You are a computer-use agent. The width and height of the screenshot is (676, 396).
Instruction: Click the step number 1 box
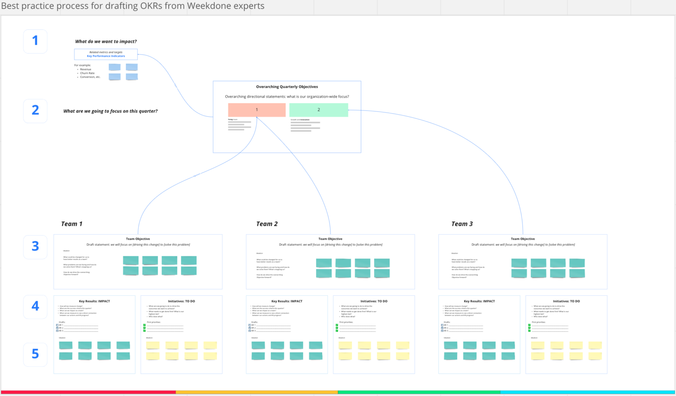pyautogui.click(x=35, y=41)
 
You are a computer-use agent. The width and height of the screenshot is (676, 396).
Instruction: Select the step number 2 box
pyautogui.click(x=35, y=111)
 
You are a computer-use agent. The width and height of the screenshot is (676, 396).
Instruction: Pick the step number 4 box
pyautogui.click(x=35, y=306)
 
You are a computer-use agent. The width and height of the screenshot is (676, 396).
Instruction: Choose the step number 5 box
pyautogui.click(x=35, y=354)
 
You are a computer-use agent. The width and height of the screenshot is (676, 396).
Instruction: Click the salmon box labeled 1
pyautogui.click(x=257, y=110)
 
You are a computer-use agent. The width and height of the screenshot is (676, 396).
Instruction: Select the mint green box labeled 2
pyautogui.click(x=319, y=110)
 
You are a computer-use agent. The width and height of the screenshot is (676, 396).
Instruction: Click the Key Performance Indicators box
pyautogui.click(x=106, y=54)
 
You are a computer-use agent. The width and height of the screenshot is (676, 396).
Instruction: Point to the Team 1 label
pyautogui.click(x=72, y=224)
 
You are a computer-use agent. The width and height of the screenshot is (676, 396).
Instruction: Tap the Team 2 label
pyautogui.click(x=267, y=224)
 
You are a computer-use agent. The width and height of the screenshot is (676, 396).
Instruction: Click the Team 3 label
pyautogui.click(x=462, y=224)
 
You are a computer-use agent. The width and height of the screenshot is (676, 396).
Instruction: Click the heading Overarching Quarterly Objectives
pyautogui.click(x=287, y=87)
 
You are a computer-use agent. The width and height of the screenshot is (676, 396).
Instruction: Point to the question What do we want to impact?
pyautogui.click(x=106, y=42)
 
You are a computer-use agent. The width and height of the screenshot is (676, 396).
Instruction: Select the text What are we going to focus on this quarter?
pyautogui.click(x=110, y=111)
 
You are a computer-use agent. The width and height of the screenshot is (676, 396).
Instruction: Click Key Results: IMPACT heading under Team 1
pyautogui.click(x=95, y=302)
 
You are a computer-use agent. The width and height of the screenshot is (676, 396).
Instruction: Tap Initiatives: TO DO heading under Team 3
pyautogui.click(x=566, y=302)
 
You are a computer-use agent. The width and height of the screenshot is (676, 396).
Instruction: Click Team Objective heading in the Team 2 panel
pyautogui.click(x=330, y=239)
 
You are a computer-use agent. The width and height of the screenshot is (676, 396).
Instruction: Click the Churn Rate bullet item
pyautogui.click(x=87, y=73)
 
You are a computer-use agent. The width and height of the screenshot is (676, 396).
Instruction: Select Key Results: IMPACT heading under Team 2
pyautogui.click(x=287, y=302)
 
